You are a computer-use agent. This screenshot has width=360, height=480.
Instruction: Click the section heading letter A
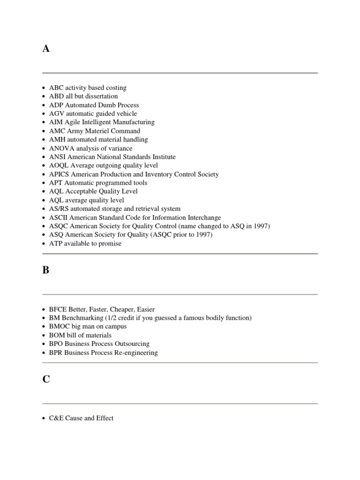click(46, 49)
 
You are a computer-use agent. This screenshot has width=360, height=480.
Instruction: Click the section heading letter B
click(46, 270)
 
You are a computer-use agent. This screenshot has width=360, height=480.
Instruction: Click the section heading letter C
click(46, 379)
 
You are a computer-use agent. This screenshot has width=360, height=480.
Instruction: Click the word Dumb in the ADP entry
click(103, 105)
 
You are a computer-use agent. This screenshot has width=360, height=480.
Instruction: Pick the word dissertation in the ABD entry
click(101, 96)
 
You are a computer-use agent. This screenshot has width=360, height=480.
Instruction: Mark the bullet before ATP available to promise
click(44, 244)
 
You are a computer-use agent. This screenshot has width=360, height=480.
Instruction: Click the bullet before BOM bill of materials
click(44, 336)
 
